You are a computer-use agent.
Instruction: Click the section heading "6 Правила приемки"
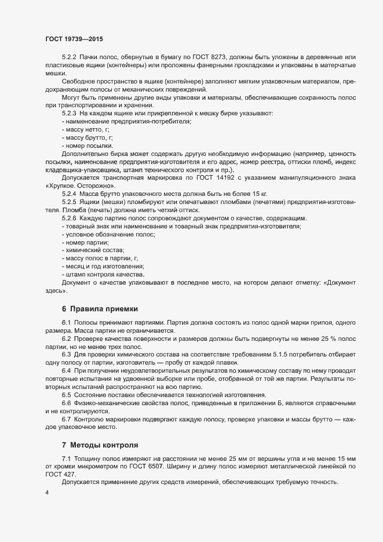[x=100, y=308]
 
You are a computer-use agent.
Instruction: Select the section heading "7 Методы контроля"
[x=100, y=445]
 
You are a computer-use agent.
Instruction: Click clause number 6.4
[x=66, y=369]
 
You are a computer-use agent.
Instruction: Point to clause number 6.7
[x=66, y=419]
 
